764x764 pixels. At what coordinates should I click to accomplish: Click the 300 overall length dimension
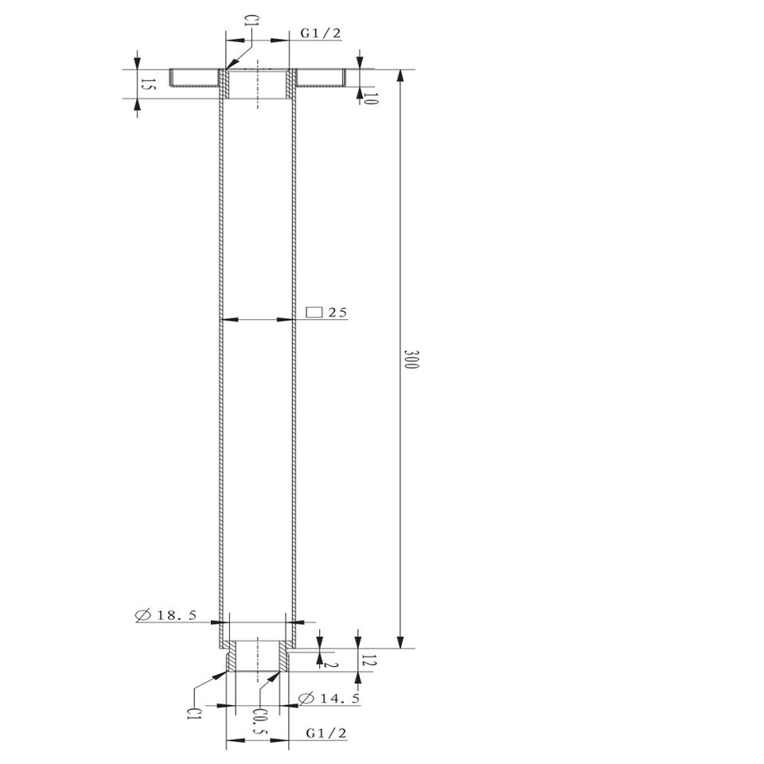click(411, 359)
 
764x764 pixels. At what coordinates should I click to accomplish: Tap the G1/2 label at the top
click(321, 33)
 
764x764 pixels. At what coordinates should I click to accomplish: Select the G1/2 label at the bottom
click(326, 733)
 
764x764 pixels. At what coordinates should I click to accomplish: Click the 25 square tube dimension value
click(337, 312)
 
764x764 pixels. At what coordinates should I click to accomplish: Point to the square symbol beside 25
click(314, 312)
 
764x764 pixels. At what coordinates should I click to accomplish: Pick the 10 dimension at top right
click(371, 99)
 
